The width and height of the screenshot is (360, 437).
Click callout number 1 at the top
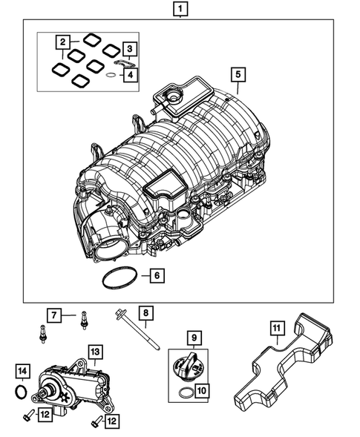tap(180, 10)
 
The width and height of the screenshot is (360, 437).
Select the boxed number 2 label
tap(64, 42)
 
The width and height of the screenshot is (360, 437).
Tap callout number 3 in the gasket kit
tap(130, 50)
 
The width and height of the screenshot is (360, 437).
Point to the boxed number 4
tap(130, 74)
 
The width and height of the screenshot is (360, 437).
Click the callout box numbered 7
tap(54, 315)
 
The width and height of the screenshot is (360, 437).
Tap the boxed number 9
tap(195, 340)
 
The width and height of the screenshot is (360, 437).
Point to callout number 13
tap(95, 351)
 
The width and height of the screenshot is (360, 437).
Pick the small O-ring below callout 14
tap(22, 390)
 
